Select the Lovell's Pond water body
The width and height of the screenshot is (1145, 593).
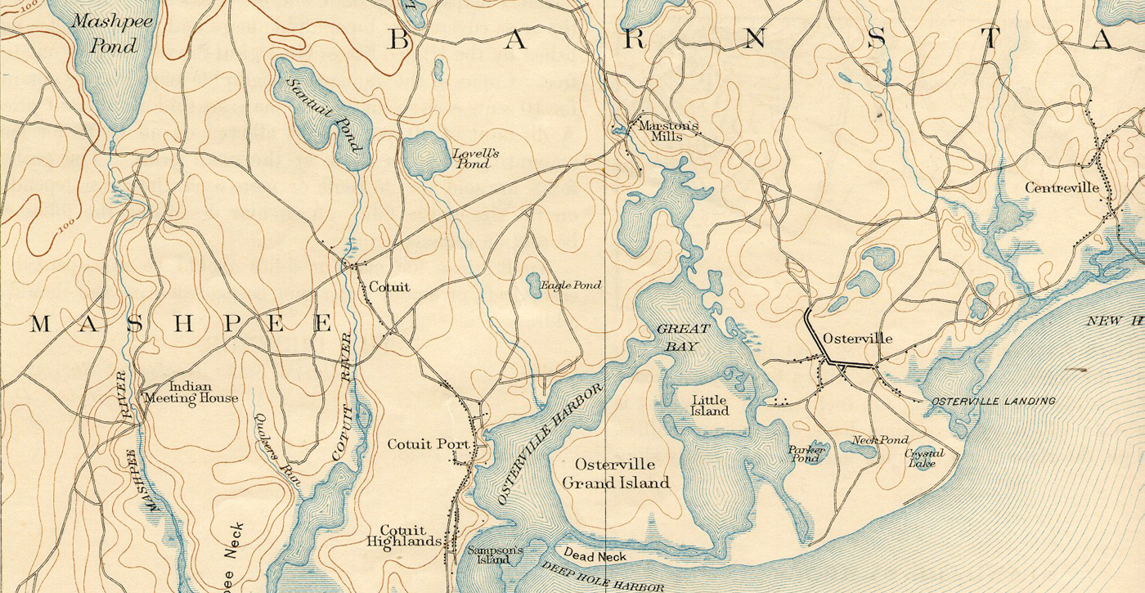tap(421, 154)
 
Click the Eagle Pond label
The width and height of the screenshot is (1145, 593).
tap(571, 285)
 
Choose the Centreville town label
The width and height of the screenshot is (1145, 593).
tap(1062, 188)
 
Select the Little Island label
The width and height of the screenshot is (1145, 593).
tap(710, 406)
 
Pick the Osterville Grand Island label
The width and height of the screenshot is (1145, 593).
tap(615, 474)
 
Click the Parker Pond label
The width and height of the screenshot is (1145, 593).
tap(806, 453)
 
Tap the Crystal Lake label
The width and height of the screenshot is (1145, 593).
tap(924, 459)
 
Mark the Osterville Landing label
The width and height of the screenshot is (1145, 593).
tap(993, 402)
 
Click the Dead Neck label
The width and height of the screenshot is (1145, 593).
tap(595, 557)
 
